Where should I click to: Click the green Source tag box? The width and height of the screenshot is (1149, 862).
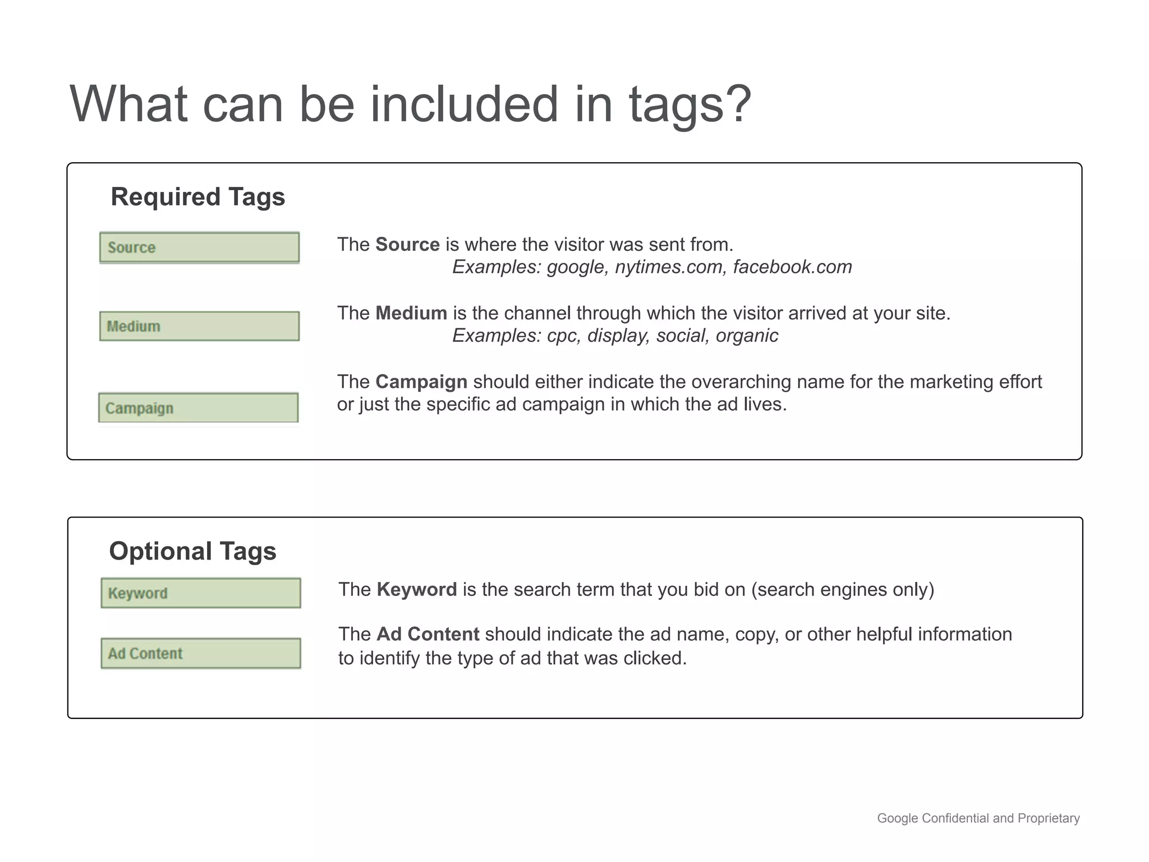tap(199, 247)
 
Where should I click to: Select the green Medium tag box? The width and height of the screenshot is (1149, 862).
tap(199, 326)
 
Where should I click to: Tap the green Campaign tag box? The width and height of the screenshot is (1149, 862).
tap(198, 408)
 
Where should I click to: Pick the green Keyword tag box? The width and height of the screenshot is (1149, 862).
tap(201, 593)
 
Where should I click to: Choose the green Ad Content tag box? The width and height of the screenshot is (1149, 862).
tap(201, 653)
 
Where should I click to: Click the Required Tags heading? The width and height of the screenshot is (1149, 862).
tap(197, 197)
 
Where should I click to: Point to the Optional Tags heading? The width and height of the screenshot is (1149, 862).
tap(192, 551)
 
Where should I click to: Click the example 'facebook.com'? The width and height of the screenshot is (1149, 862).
tap(792, 267)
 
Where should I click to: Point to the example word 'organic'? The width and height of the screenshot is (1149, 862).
tap(747, 336)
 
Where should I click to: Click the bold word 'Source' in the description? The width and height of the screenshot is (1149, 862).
tap(407, 245)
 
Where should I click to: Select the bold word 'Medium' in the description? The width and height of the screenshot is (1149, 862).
tap(411, 313)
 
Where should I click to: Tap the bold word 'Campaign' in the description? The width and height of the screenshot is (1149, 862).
tap(421, 382)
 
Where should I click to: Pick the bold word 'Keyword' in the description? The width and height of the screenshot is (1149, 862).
tap(417, 589)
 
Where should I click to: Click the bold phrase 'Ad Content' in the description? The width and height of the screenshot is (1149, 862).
tap(428, 634)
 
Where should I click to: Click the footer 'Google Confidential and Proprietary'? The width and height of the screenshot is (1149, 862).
tap(978, 818)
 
